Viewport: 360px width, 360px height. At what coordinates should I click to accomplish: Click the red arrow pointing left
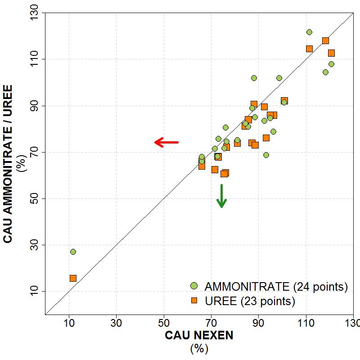pyautogui.click(x=166, y=142)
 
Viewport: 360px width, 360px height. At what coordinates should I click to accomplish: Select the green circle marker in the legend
pyautogui.click(x=194, y=286)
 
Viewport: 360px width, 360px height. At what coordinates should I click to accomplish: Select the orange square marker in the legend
pyautogui.click(x=194, y=300)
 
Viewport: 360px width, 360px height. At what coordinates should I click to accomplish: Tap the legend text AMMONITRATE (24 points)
pyautogui.click(x=276, y=286)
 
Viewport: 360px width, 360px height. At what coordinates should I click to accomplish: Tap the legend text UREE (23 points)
pyautogui.click(x=250, y=301)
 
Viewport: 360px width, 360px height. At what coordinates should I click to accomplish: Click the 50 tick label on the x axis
pyautogui.click(x=164, y=323)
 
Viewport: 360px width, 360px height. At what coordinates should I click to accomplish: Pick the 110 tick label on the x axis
pyautogui.click(x=306, y=323)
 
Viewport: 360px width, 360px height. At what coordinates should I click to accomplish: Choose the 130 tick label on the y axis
pyautogui.click(x=34, y=13)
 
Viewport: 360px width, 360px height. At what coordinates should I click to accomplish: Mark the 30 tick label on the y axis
pyautogui.click(x=34, y=245)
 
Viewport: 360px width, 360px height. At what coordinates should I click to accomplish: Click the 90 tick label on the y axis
pyautogui.click(x=34, y=106)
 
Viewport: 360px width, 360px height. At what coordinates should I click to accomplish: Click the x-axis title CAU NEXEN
pyautogui.click(x=199, y=336)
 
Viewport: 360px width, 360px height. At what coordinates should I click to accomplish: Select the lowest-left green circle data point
pyautogui.click(x=73, y=252)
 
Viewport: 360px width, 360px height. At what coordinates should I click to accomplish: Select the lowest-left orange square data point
pyautogui.click(x=73, y=278)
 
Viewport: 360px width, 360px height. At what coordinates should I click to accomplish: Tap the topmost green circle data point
pyautogui.click(x=309, y=32)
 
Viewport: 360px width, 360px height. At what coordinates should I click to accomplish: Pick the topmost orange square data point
pyautogui.click(x=325, y=40)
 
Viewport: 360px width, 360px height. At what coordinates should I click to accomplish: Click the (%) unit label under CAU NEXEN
pyautogui.click(x=199, y=349)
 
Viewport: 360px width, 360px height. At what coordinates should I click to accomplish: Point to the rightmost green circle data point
pyautogui.click(x=331, y=64)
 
